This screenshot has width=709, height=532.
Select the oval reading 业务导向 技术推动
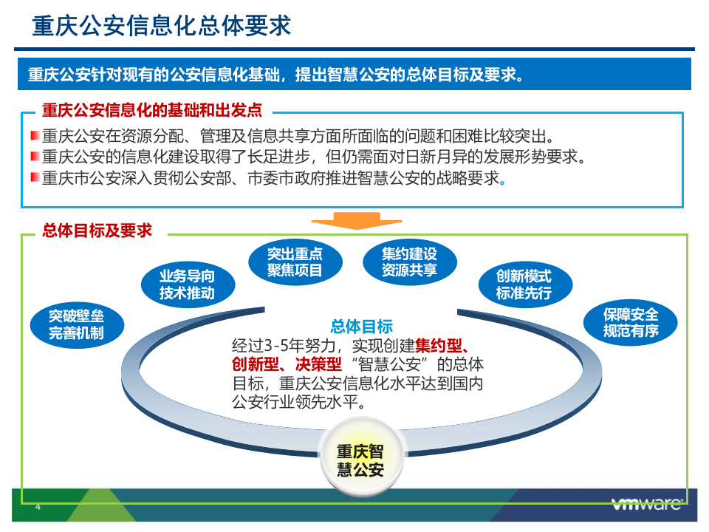[187, 284]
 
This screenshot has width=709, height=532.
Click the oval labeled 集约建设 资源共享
[409, 262]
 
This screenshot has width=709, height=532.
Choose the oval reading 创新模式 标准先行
[524, 284]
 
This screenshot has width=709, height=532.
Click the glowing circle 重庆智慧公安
[360, 459]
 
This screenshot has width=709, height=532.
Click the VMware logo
[647, 505]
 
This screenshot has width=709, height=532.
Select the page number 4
[38, 507]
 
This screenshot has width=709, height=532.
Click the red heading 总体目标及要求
[97, 231]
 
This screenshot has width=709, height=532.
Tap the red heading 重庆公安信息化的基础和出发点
[151, 111]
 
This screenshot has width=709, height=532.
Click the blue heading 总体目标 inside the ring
[361, 327]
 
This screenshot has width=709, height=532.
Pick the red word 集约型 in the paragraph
[439, 345]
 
